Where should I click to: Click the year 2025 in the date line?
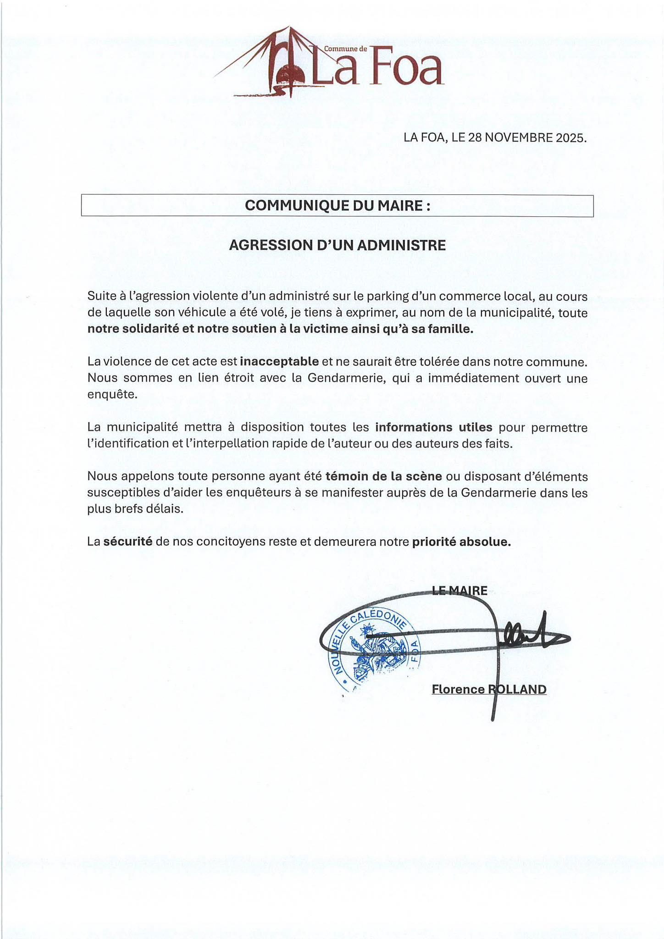[x=570, y=138]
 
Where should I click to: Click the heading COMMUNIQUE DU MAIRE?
[x=338, y=205]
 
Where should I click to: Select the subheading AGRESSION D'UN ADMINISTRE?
[x=337, y=245]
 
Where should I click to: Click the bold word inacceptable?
[x=279, y=361]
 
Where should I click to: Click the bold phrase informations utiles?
[x=434, y=427]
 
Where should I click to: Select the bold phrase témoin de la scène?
[x=384, y=476]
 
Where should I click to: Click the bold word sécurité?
[x=128, y=542]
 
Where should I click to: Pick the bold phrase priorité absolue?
[x=461, y=542]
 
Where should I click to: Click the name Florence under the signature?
[x=458, y=690]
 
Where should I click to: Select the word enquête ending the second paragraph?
[x=112, y=395]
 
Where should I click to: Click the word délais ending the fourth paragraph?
[x=164, y=509]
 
